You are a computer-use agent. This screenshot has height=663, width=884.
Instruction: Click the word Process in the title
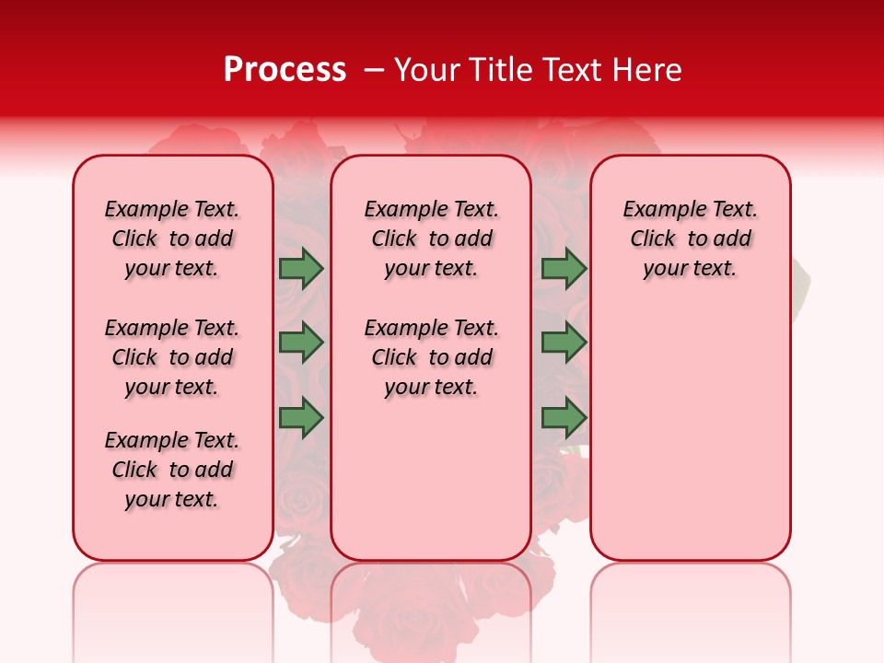285,70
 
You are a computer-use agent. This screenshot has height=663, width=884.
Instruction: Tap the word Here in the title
647,70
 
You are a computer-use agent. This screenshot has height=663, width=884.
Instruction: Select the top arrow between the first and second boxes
301,268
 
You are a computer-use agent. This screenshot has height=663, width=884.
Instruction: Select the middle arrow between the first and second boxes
301,343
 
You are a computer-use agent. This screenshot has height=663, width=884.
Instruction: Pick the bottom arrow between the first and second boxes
301,418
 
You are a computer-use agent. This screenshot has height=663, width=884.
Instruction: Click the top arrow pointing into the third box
564,268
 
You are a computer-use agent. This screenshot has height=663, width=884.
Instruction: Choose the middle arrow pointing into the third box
564,343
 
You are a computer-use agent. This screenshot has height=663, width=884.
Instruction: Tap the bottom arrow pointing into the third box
564,418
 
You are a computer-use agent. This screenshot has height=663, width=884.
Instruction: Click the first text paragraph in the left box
172,238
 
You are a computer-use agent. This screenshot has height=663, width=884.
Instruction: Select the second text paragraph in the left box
172,357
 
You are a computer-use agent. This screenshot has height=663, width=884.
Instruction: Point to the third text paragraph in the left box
172,470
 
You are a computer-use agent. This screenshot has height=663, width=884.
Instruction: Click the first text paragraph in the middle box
432,238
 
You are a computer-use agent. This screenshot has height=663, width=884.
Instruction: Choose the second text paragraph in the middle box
432,357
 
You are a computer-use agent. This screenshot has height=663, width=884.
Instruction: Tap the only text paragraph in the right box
691,238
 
